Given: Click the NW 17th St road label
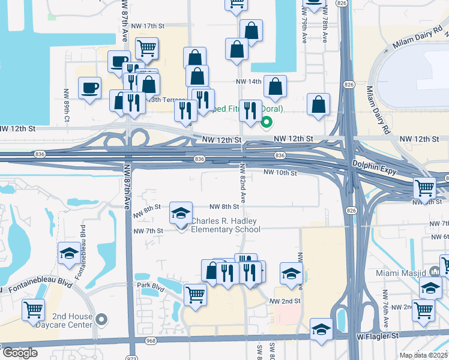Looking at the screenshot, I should click(146, 26).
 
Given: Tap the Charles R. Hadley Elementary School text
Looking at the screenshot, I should click(226, 225).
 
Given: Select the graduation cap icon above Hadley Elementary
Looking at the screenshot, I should click(181, 213).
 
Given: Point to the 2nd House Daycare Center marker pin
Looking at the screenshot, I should click(101, 319).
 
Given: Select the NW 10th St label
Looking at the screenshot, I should click(281, 173).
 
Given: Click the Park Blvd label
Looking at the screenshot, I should click(150, 285).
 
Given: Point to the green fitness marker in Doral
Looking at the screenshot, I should click(267, 124).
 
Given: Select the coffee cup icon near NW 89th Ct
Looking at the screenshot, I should click(90, 88).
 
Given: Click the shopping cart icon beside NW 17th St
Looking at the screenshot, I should click(146, 47).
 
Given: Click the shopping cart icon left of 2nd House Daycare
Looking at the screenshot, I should click(34, 310).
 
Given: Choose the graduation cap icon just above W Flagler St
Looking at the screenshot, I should click(321, 329).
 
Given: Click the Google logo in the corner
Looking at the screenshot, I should click(20, 353).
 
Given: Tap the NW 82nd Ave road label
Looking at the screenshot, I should click(243, 182).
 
